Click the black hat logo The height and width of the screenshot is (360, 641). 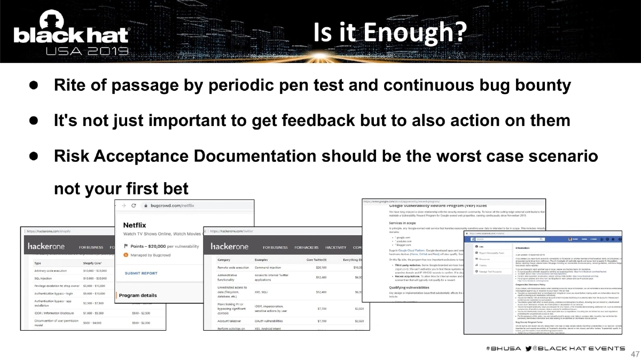coord(71,36)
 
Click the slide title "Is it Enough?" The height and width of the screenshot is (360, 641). coord(388,33)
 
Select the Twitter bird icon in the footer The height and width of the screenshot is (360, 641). coord(529,348)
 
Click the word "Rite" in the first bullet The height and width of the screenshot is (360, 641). coord(68,85)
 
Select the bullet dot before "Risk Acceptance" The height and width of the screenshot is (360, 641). coord(33,155)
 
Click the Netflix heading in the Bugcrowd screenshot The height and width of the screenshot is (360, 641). coord(135,225)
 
